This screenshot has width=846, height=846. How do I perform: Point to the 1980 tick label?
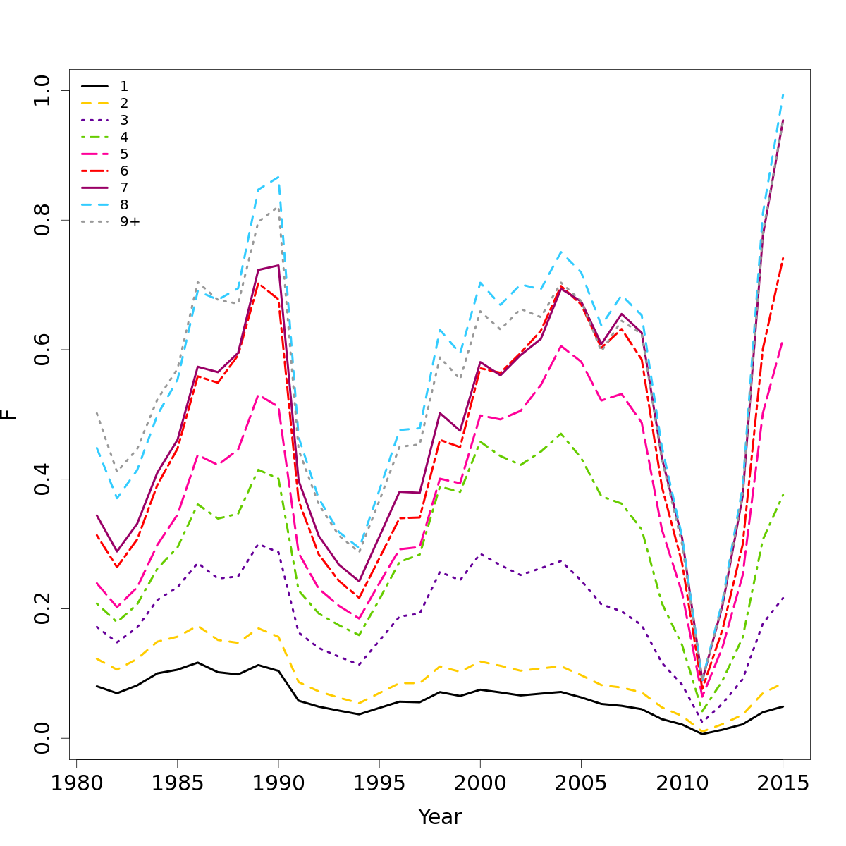(x=75, y=784)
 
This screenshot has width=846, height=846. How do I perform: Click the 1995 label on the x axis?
(x=379, y=784)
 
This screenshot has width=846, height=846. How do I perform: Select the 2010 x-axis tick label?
(x=682, y=784)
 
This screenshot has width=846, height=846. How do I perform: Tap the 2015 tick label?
(x=783, y=784)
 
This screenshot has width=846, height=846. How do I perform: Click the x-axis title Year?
(x=440, y=817)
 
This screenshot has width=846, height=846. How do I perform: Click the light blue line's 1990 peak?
(x=278, y=177)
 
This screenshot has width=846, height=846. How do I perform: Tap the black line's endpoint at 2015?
(x=783, y=706)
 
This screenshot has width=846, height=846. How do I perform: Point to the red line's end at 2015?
(x=783, y=259)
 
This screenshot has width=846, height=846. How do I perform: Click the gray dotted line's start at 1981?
(x=97, y=413)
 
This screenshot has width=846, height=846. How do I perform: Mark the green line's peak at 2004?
(x=561, y=434)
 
